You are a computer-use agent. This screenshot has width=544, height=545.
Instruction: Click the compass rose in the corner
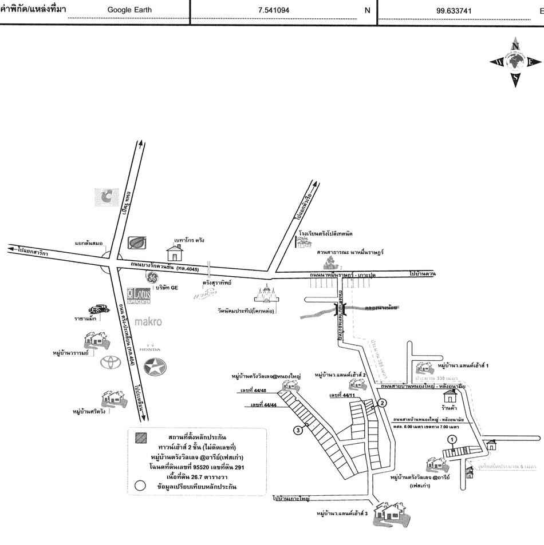tap(515, 63)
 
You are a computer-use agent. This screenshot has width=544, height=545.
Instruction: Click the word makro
tap(148, 322)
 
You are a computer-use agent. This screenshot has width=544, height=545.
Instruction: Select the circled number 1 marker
tap(452, 439)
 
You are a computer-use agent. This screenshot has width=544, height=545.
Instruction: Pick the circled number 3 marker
tap(298, 430)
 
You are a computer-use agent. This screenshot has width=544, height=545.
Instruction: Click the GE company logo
tap(152, 279)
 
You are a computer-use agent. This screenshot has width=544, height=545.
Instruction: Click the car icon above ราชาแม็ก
tap(98, 308)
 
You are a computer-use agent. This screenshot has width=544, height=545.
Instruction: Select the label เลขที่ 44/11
tap(342, 395)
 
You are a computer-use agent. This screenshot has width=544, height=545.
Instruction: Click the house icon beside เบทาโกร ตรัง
tap(174, 252)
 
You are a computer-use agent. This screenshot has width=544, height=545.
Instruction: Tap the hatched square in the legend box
tap(139, 438)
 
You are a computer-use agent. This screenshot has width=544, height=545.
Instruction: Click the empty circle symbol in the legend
tap(139, 486)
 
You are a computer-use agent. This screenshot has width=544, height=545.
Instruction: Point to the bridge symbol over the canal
tap(342, 310)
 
